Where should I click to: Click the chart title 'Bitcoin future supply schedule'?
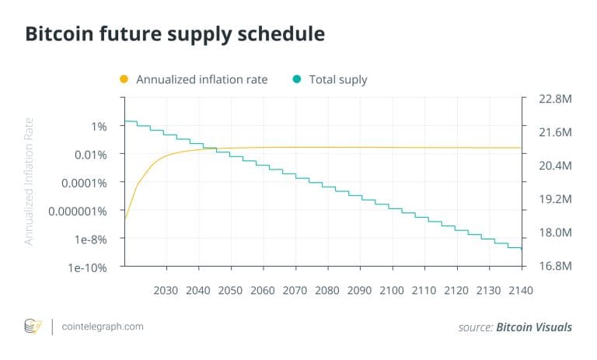coord(175,35)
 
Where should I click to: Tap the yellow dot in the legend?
coord(124,79)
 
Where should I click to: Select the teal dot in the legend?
coord(297,79)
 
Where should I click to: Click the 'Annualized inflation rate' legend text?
coord(201,79)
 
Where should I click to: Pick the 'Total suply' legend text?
coord(338,79)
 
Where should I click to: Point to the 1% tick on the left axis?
coord(99,126)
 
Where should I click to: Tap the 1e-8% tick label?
coord(92,239)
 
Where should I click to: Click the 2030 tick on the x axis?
coord(166,290)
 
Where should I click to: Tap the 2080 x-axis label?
coord(327,290)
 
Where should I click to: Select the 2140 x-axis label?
coord(520,290)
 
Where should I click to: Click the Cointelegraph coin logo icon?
coord(33,327)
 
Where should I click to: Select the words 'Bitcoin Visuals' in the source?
coord(534,327)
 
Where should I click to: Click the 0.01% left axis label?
coord(92,154)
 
